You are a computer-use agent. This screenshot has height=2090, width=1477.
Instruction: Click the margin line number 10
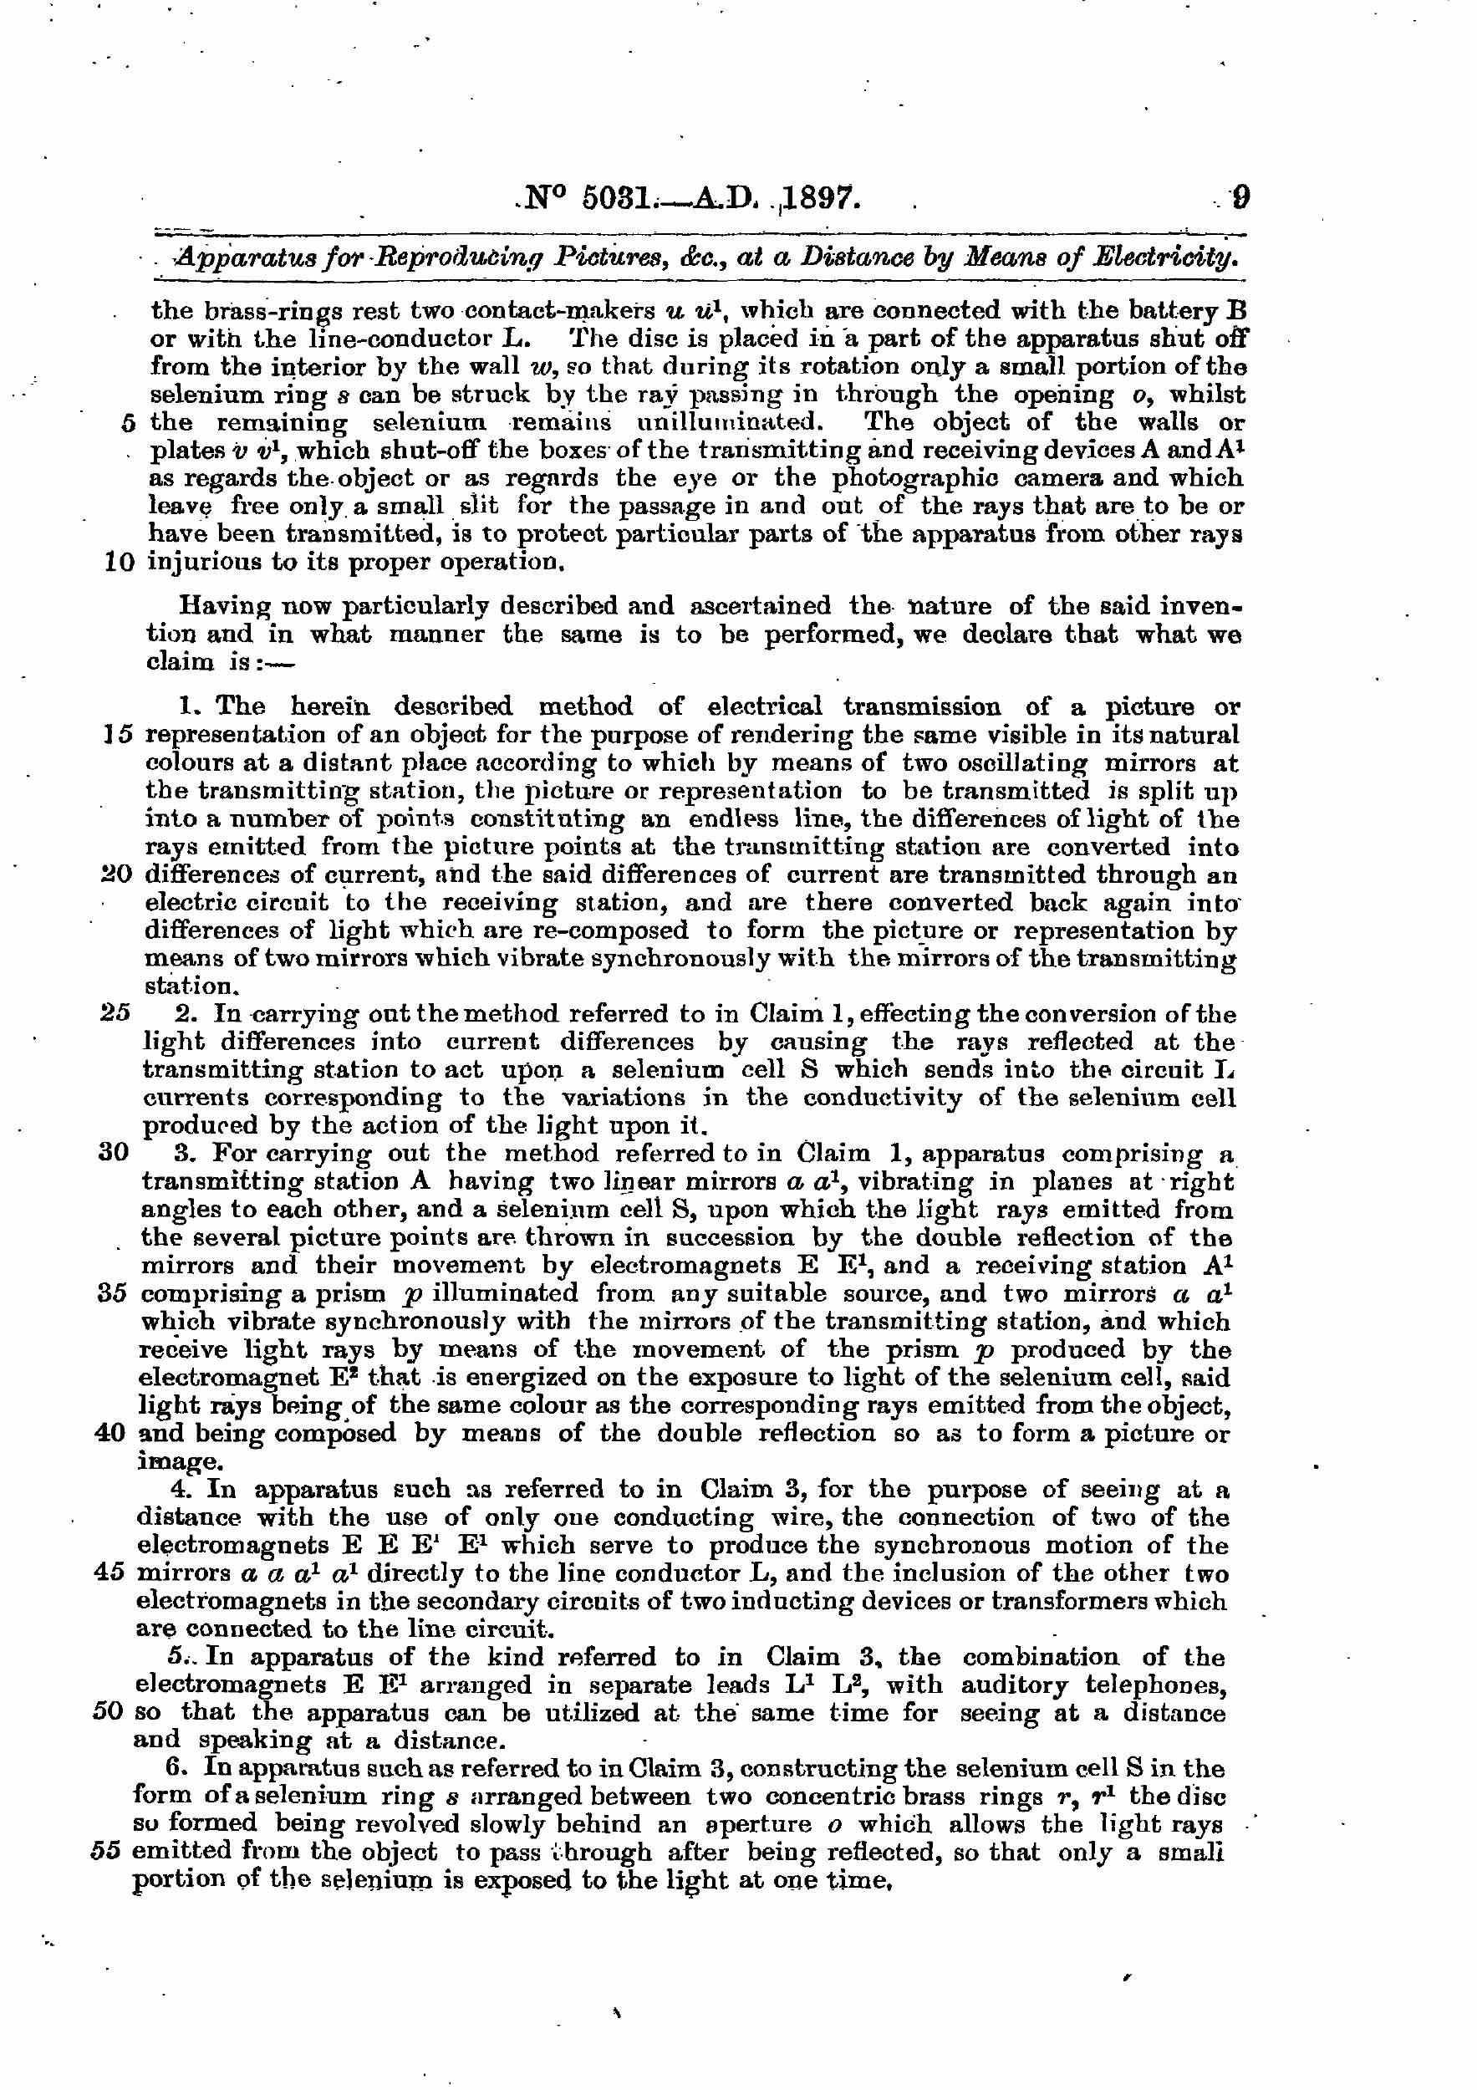pyautogui.click(x=120, y=562)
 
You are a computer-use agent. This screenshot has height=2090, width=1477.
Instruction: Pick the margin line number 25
pyautogui.click(x=115, y=1013)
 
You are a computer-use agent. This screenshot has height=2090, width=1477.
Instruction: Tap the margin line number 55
pyautogui.click(x=107, y=1853)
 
